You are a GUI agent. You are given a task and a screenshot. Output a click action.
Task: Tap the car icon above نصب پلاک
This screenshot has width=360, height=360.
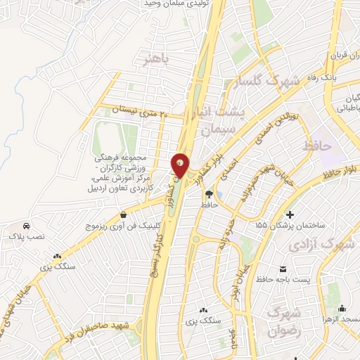click(x=26, y=226)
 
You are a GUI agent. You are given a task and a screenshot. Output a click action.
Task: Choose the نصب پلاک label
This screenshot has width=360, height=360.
click(x=26, y=238)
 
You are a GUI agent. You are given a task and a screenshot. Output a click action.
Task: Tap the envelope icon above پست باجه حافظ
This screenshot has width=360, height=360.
click(x=283, y=270)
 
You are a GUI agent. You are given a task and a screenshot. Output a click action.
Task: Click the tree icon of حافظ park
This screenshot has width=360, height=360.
click(x=208, y=193)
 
